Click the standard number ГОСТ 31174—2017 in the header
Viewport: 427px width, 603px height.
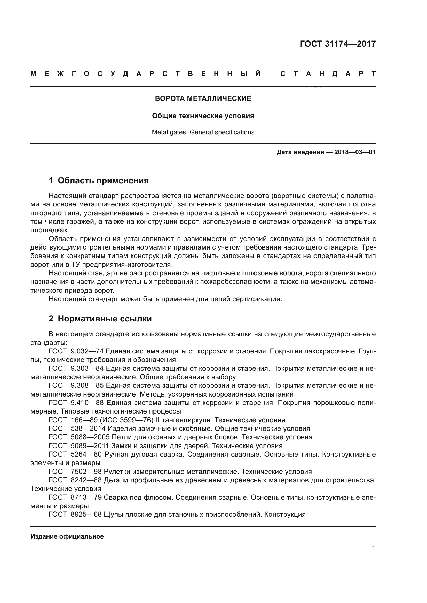(338, 44)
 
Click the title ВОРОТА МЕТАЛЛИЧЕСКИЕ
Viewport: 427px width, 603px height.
(203, 98)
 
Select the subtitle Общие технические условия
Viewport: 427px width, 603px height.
(203, 116)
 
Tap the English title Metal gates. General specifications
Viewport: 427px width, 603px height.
(203, 132)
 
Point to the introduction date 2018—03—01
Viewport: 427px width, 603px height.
(355, 152)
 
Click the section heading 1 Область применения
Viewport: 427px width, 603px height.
(99, 180)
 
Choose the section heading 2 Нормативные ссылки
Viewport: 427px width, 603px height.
(100, 319)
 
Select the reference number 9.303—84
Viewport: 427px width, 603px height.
(88, 368)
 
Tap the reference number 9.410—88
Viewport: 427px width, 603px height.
(88, 403)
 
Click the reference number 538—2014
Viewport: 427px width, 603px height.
(88, 429)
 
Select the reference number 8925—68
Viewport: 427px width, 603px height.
(86, 514)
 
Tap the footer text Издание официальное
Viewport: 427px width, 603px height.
(67, 536)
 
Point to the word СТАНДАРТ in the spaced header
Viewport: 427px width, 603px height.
(328, 74)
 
